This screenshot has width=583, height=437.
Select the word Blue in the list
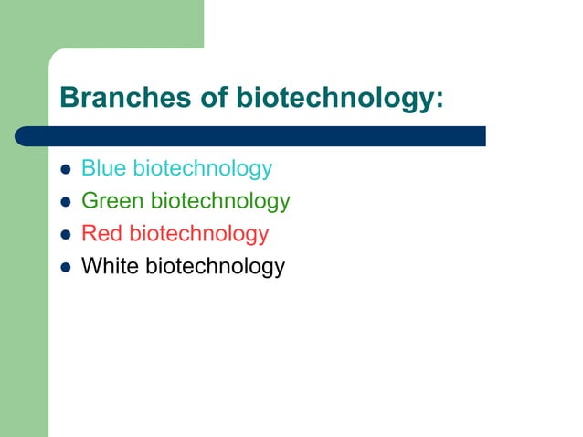(103, 168)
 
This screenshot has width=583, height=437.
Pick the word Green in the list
(112, 201)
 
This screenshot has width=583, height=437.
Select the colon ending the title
(440, 101)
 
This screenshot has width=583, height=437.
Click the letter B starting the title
(68, 97)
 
